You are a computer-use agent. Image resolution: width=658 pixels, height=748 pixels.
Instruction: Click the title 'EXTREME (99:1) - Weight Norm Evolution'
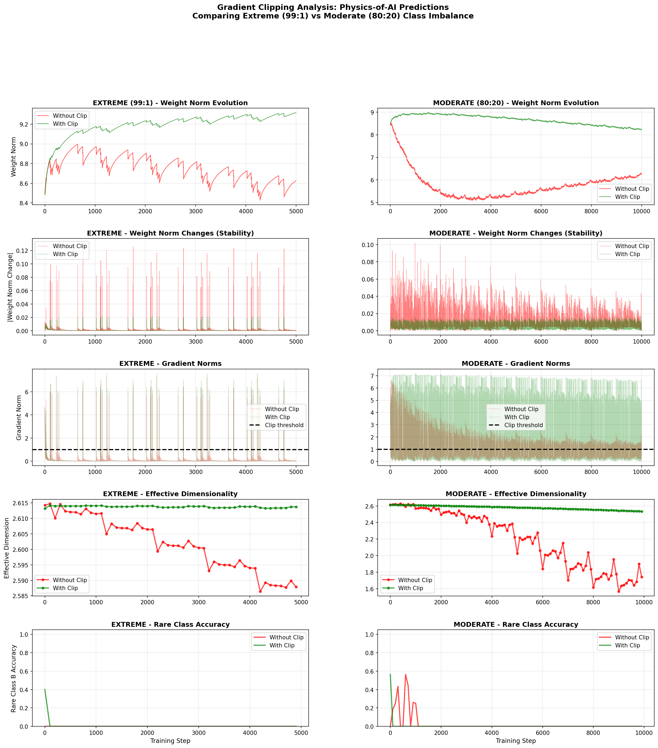(170, 103)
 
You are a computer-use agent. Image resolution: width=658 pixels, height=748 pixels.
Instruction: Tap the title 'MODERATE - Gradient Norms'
(516, 363)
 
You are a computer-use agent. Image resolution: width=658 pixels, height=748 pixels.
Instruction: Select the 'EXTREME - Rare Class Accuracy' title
(170, 624)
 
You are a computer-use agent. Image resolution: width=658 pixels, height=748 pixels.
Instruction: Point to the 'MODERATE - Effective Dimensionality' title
(516, 494)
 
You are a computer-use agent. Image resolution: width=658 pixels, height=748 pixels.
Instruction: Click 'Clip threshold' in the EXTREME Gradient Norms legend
(284, 425)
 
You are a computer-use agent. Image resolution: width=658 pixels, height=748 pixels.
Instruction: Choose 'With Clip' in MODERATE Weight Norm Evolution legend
(627, 197)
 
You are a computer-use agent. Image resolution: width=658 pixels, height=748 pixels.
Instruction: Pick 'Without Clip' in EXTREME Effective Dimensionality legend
(70, 580)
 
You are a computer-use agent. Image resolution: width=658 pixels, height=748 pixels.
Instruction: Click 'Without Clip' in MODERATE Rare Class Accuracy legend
(632, 637)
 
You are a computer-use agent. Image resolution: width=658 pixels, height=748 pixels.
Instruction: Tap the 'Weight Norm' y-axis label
(14, 157)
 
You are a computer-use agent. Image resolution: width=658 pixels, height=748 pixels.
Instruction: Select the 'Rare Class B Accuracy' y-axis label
(14, 678)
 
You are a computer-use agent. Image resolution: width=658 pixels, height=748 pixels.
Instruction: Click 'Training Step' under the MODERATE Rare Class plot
(516, 741)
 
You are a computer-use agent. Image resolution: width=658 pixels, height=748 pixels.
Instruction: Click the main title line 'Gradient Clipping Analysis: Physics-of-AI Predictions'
(332, 7)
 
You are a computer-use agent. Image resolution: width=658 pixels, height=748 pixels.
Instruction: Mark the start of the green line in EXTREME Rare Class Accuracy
(45, 689)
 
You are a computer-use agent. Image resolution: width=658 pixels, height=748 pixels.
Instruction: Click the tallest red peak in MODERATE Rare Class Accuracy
(405, 674)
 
